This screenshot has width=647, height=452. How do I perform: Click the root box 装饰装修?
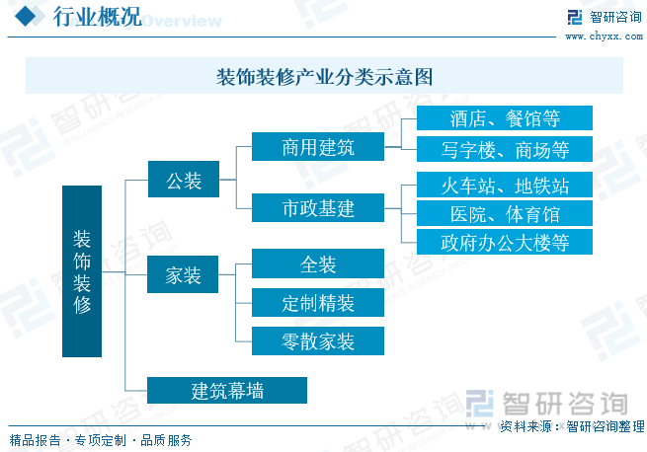81,271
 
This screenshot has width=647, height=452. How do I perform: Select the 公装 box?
184,181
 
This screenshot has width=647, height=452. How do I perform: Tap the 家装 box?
184,275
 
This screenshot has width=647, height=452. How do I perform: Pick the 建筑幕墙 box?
227,390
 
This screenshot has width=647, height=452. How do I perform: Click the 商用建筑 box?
317,148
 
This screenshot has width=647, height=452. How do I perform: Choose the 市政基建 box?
317,208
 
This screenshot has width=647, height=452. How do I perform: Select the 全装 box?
317,264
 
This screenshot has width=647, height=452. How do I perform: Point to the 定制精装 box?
317,302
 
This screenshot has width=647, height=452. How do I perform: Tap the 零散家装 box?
317,340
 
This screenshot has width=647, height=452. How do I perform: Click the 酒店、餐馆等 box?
504,119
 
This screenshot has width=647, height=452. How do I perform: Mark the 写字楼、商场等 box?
504,150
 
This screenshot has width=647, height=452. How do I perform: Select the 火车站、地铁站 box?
504,185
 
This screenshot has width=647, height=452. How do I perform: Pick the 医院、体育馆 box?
504,213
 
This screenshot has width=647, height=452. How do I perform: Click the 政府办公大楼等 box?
504,242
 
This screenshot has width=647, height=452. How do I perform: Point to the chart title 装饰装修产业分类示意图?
324,77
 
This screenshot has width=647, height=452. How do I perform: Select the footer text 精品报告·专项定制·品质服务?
100,440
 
